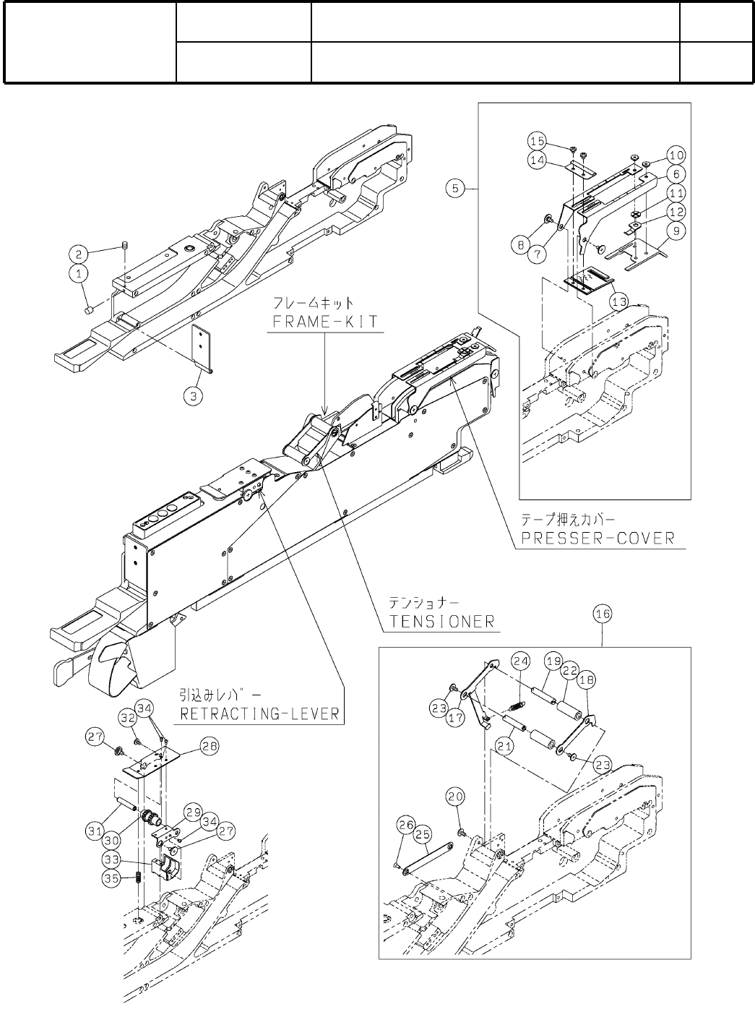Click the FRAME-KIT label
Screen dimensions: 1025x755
[x=324, y=321]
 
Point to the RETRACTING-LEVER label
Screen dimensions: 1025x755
[x=259, y=713]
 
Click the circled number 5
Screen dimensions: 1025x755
[x=454, y=189]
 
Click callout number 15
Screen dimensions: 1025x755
[x=556, y=140]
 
